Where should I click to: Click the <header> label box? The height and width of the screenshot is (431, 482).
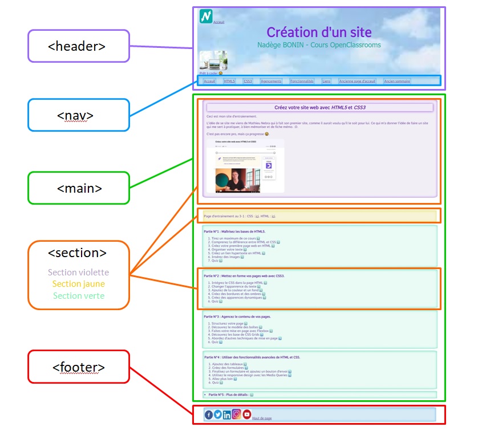(78, 46)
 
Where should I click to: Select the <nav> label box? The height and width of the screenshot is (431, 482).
(78, 115)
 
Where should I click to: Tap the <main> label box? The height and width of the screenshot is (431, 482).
(78, 187)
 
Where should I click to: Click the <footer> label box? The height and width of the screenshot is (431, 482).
(78, 367)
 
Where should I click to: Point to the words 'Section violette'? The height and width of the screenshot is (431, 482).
(78, 273)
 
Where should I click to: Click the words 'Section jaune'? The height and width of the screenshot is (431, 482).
(78, 283)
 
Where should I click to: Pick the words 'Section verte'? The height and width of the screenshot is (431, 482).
(78, 295)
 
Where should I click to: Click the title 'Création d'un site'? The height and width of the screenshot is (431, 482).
(318, 32)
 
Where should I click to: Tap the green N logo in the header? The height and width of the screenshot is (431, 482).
(206, 17)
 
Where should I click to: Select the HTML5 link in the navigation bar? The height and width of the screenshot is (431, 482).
(229, 82)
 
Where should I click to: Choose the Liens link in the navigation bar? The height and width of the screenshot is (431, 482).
(326, 82)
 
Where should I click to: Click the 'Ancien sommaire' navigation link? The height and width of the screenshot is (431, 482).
(397, 82)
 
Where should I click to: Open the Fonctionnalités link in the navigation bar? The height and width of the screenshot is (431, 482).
(302, 82)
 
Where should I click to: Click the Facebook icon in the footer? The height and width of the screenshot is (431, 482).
(209, 415)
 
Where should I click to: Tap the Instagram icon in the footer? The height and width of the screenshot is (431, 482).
(236, 414)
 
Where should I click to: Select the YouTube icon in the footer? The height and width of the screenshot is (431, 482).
(246, 414)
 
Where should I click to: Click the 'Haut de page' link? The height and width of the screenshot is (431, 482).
(262, 418)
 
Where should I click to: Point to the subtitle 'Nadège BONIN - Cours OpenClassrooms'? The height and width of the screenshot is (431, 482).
(318, 45)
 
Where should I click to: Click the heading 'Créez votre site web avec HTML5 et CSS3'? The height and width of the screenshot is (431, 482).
(319, 107)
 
